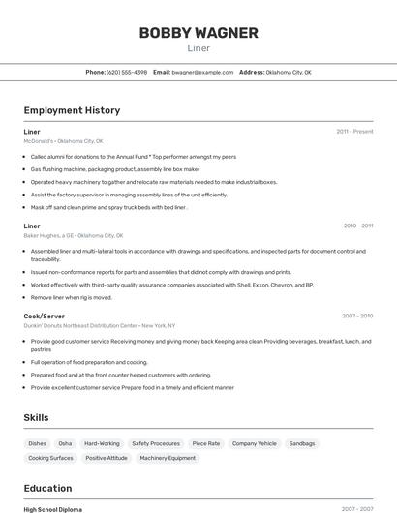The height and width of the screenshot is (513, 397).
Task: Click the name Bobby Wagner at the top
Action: click(198, 33)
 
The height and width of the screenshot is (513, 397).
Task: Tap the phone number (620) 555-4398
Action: click(128, 72)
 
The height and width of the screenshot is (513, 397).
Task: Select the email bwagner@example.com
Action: click(203, 72)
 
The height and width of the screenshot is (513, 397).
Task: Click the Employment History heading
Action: click(72, 110)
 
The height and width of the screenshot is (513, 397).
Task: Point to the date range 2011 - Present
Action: click(354, 131)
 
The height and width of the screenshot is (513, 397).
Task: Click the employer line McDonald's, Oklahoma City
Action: click(63, 140)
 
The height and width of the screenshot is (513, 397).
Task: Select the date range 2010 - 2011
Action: click(357, 226)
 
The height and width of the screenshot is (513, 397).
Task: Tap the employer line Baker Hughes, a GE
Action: click(74, 235)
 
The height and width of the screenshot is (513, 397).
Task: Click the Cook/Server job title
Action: click(45, 316)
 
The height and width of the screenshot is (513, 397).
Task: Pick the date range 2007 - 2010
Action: click(357, 316)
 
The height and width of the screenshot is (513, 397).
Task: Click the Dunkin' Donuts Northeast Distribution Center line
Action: click(100, 325)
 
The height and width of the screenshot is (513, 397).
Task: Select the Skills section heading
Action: click(37, 417)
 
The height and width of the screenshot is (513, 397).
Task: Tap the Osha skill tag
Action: click(65, 443)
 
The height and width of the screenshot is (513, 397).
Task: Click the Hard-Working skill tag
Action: click(102, 443)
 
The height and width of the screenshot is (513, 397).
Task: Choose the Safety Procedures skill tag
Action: click(156, 443)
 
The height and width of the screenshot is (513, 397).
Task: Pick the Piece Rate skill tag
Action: click(206, 443)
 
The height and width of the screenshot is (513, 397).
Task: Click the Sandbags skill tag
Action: click(302, 443)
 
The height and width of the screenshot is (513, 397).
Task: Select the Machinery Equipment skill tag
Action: click(168, 458)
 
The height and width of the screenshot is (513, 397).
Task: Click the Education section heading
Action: click(47, 488)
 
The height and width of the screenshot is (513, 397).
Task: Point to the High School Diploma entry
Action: click(53, 509)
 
